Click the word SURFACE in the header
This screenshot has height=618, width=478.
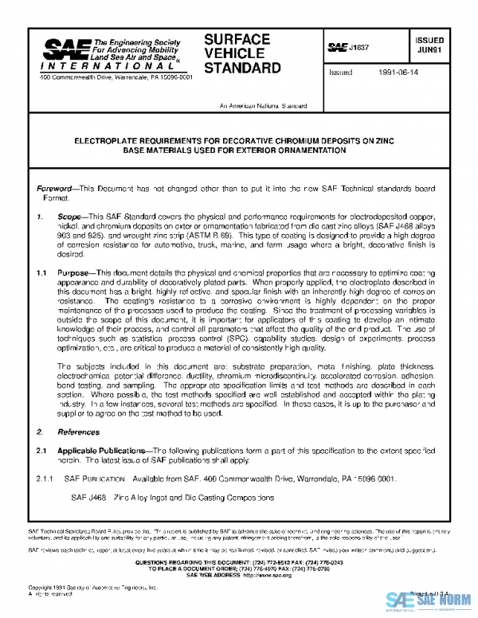[x=237, y=39]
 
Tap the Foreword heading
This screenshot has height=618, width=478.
[x=58, y=188]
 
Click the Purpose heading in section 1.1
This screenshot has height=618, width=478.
[x=76, y=272]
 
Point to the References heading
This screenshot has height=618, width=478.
[x=78, y=432]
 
